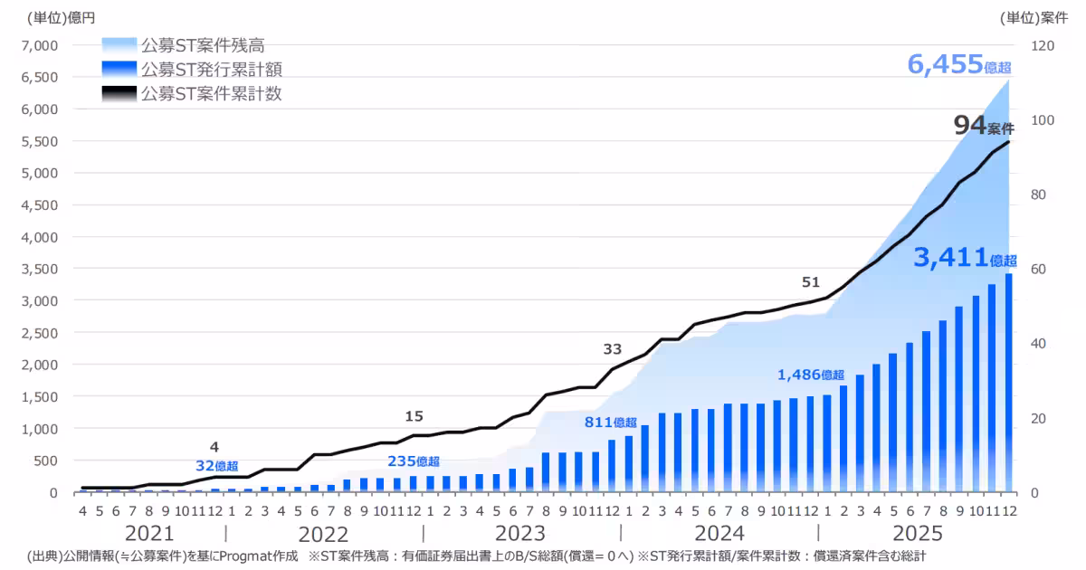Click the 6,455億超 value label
[958, 65]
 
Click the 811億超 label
[611, 422]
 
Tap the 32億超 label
[217, 466]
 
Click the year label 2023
[520, 532]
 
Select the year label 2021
[149, 532]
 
